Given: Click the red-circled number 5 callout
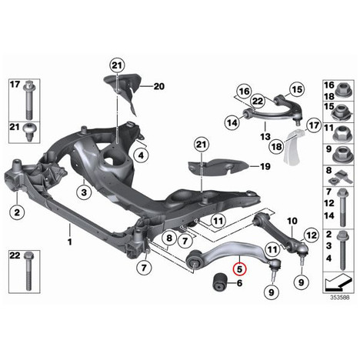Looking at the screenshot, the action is pyautogui.click(x=239, y=269).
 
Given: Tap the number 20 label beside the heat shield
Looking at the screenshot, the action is pyautogui.click(x=159, y=86).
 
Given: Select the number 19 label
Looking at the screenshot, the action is pyautogui.click(x=265, y=167).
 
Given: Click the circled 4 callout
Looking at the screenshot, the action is pyautogui.click(x=141, y=155).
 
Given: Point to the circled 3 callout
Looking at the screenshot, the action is pyautogui.click(x=84, y=192).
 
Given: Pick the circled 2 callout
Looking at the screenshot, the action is pyautogui.click(x=17, y=212).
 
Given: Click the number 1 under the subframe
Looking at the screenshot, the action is pyautogui.click(x=70, y=242).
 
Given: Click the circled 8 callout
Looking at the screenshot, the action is pyautogui.click(x=169, y=238).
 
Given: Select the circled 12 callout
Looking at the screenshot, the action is pyautogui.click(x=312, y=235).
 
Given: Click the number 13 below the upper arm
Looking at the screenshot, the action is pyautogui.click(x=265, y=137).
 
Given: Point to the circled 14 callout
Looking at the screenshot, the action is pyautogui.click(x=233, y=122).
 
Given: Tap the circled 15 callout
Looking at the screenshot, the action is pyautogui.click(x=298, y=89).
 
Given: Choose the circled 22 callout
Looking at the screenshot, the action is pyautogui.click(x=257, y=101).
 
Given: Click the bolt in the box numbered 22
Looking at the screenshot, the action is pyautogui.click(x=28, y=272).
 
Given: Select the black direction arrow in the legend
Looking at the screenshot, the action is pyautogui.click(x=338, y=283).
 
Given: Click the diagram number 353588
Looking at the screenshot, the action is pyautogui.click(x=339, y=298).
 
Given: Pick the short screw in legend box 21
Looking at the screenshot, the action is pyautogui.click(x=30, y=132).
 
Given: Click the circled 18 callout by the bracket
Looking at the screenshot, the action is pyautogui.click(x=276, y=147).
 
